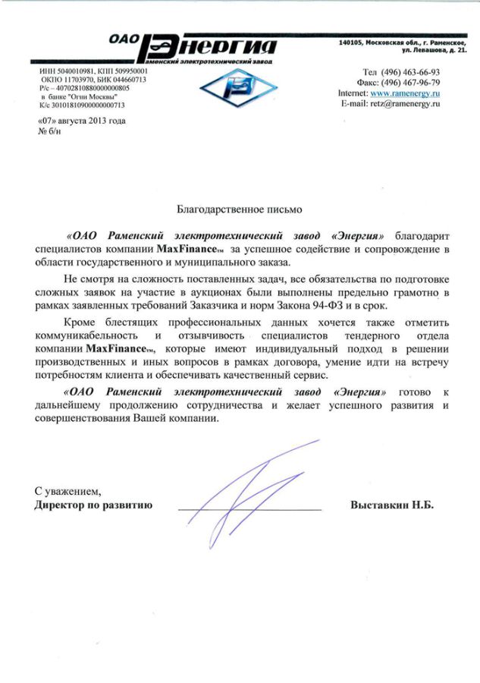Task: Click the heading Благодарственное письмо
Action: pos(239,206)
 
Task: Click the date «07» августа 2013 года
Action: pos(81,121)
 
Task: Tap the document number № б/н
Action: pos(49,131)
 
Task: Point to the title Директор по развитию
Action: pos(94,505)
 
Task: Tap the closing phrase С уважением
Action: pos(67,492)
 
